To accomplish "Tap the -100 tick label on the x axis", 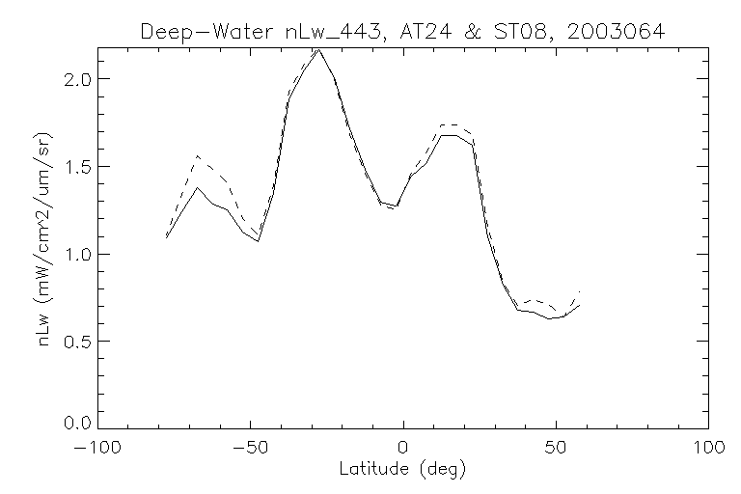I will (x=97, y=448).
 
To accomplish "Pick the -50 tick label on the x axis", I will (x=250, y=448).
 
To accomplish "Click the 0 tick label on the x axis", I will (x=403, y=448).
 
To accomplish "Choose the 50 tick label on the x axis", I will (x=556, y=448).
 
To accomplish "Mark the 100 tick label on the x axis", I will (x=708, y=448).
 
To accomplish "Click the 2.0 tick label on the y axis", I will (x=79, y=78).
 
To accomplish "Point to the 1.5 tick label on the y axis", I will (x=79, y=166).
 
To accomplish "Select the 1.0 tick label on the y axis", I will (x=79, y=254).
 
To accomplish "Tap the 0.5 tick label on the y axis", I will (x=79, y=342).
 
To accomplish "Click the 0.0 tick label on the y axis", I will (x=79, y=424).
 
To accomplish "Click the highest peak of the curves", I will (x=319, y=49).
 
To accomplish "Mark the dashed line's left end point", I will (x=166, y=234).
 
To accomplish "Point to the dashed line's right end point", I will (x=580, y=290).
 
